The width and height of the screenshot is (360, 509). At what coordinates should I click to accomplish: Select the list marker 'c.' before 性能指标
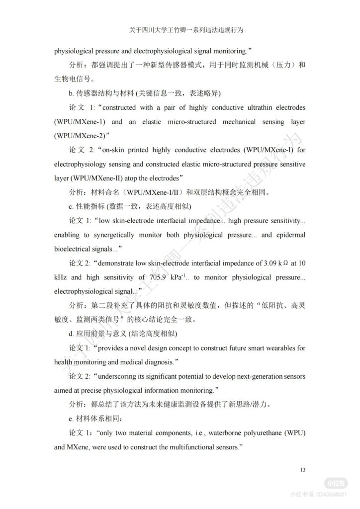[71, 206]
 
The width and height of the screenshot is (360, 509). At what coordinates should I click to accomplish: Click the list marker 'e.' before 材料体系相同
[71, 419]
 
